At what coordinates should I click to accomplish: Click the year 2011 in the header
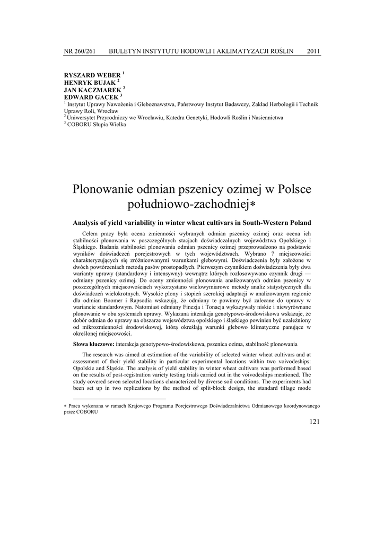(x=313, y=51)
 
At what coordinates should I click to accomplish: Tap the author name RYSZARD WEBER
(x=92, y=76)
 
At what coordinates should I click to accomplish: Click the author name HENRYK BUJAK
(x=89, y=83)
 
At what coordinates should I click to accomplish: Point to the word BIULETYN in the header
(x=129, y=51)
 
